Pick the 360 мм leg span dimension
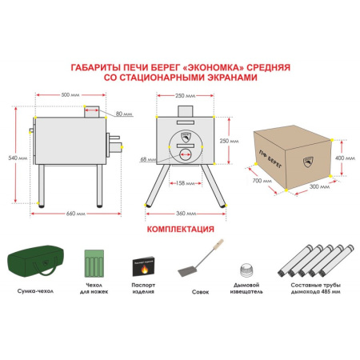click(x=185, y=214)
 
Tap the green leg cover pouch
click(x=95, y=262)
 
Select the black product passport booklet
click(x=142, y=266)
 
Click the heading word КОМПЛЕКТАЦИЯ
click(x=180, y=229)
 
